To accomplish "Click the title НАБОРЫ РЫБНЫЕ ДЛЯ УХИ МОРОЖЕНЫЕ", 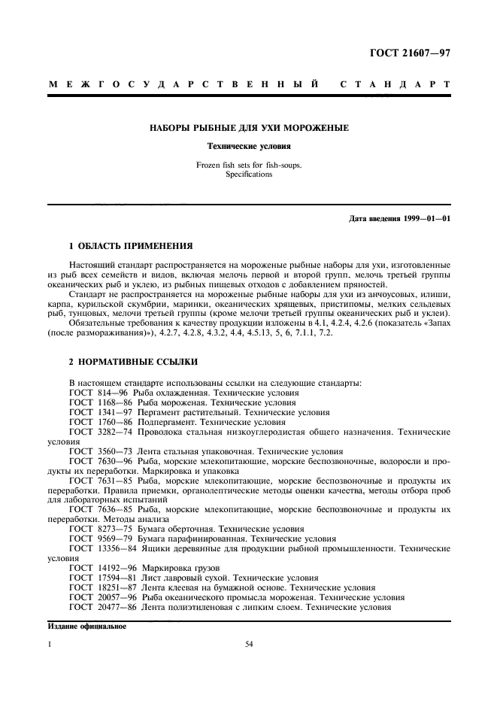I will click(x=248, y=128).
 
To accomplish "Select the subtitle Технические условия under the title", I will click(x=248, y=147).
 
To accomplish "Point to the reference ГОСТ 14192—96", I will click(x=100, y=567).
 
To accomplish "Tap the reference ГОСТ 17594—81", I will click(x=100, y=577).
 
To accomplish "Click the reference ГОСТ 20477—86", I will click(x=100, y=606).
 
